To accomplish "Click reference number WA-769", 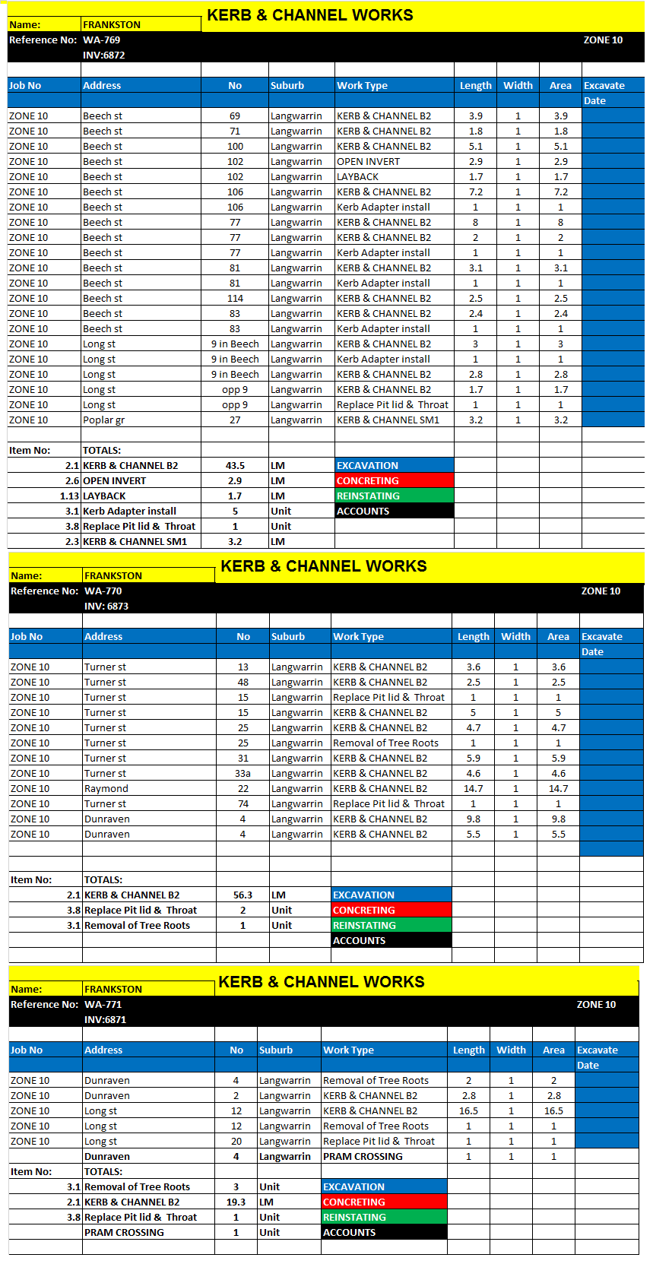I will [x=102, y=40].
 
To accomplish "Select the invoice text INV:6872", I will [x=104, y=55].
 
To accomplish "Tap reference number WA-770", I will [x=103, y=591].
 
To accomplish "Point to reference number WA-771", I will [x=103, y=1005].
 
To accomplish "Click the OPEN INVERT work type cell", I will [x=368, y=162].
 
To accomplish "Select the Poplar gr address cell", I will [x=103, y=420].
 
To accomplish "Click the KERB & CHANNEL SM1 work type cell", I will [x=388, y=420].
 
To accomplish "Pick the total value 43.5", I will [x=235, y=466].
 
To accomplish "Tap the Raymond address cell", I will [x=106, y=789].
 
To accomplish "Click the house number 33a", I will [x=242, y=774].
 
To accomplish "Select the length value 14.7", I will [x=473, y=789].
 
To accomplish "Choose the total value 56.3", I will [x=242, y=895].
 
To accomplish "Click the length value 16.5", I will [x=468, y=1111].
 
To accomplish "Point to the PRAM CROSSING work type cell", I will [x=363, y=1157].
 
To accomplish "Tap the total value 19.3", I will [x=236, y=1202].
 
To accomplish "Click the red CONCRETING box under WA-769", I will [x=394, y=481].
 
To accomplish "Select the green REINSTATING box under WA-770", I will [x=391, y=926].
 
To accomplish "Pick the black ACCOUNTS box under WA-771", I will [x=383, y=1233].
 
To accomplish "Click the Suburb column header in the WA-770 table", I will [x=288, y=637].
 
